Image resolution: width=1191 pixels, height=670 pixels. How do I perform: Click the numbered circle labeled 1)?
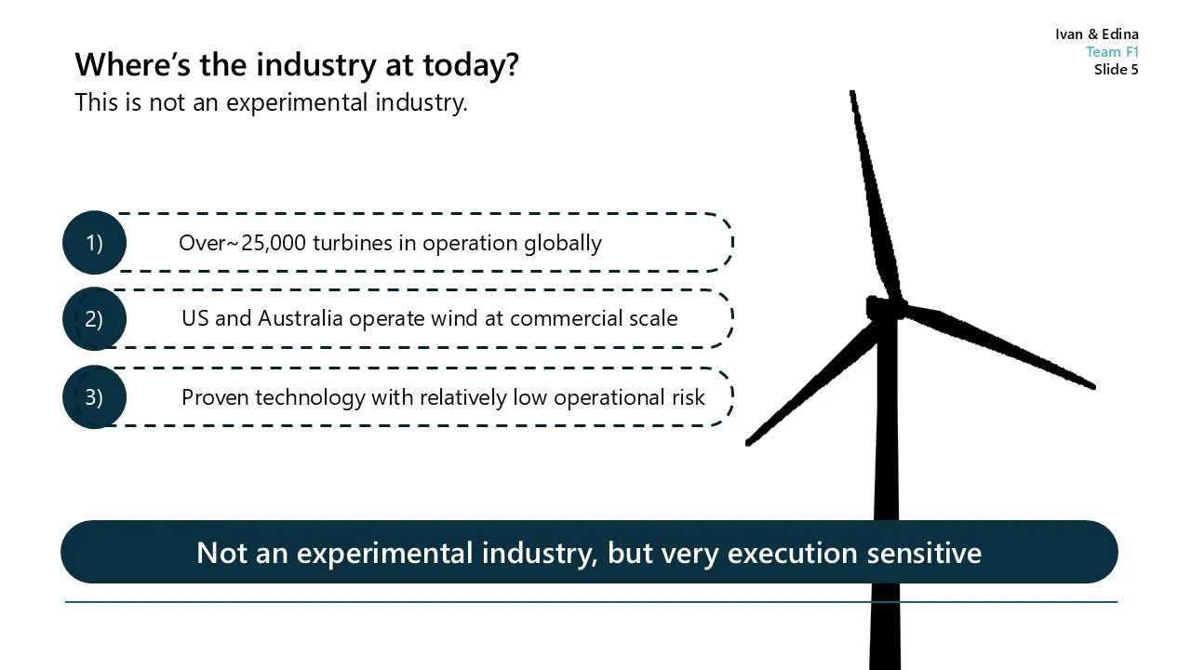pos(94,243)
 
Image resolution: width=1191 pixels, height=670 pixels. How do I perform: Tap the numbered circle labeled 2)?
pos(94,319)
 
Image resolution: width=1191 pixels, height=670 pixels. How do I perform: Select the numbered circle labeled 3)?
pos(94,397)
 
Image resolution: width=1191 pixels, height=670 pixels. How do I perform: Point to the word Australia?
pos(301,319)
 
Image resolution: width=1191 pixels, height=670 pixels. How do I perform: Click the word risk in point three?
pos(687,398)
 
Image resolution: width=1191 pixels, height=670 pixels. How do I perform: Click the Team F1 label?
pos(1112,52)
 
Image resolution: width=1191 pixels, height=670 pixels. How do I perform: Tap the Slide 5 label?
pos(1116,69)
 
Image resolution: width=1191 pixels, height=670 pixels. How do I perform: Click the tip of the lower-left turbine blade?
pos(750,441)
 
